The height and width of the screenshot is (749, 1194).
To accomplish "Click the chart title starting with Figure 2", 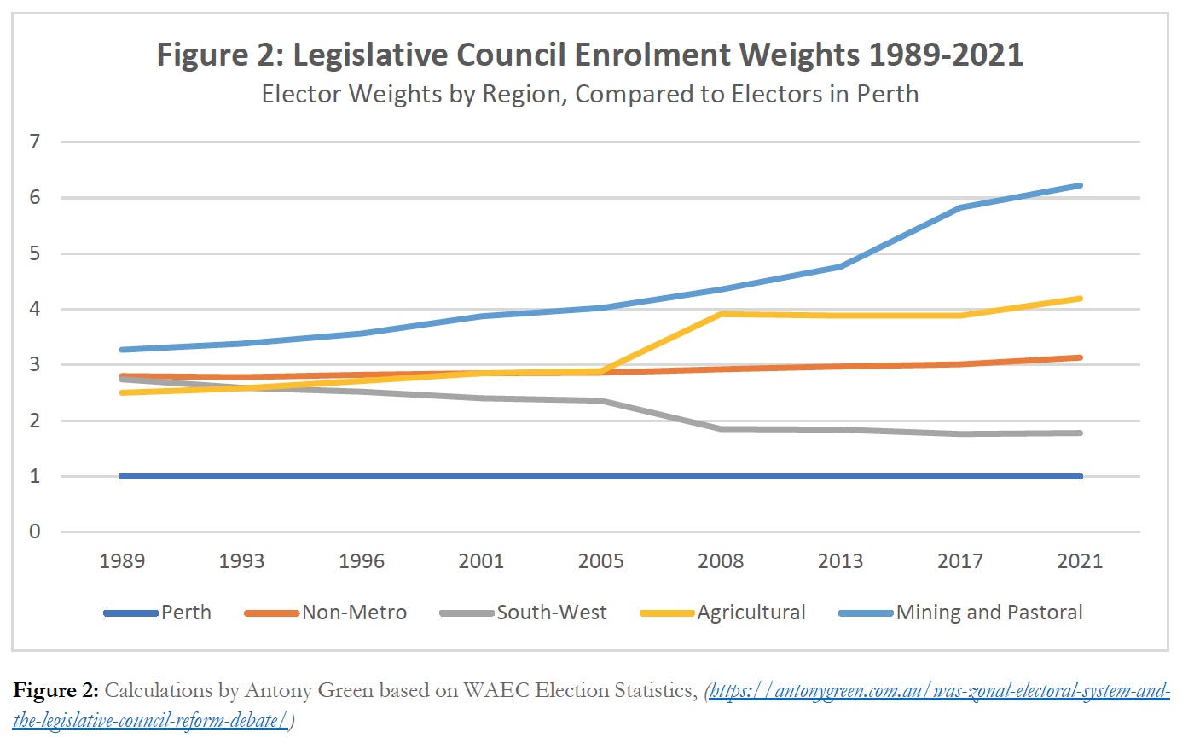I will [x=589, y=55].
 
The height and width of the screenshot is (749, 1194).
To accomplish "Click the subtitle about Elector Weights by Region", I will [x=589, y=94].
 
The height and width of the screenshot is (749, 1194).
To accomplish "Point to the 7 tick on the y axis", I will [x=35, y=142].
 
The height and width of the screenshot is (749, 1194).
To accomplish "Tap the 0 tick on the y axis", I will [x=35, y=531].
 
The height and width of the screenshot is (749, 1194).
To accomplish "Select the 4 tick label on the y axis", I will [x=35, y=309].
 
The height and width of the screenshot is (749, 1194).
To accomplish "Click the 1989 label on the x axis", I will [x=122, y=561].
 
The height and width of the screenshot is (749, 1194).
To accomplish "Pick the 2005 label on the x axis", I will [x=600, y=561].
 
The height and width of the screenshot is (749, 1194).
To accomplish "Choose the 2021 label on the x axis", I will [x=1080, y=561].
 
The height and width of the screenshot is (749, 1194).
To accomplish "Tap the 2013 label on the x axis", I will [x=840, y=561].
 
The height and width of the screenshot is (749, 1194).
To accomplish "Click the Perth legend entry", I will [x=186, y=613].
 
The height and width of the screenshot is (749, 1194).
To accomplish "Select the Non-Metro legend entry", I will [x=354, y=613].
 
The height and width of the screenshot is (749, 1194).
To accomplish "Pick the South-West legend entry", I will [x=552, y=613].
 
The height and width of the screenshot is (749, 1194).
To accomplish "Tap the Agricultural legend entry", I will [x=751, y=613].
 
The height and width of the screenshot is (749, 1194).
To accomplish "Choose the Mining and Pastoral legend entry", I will [x=988, y=613].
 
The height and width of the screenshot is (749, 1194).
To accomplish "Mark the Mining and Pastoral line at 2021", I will [x=1080, y=185].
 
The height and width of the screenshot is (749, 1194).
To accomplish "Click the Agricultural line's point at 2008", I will [x=722, y=314].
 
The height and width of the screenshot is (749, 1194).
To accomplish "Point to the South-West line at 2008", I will [x=722, y=428].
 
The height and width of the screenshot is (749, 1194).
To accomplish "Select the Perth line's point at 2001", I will [x=481, y=476].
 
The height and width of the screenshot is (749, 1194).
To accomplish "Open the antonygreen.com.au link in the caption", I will [x=938, y=690].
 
